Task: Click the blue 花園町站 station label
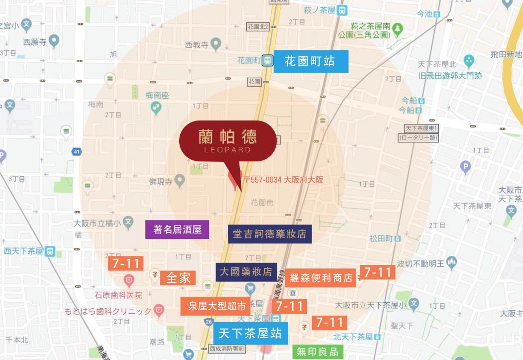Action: (311, 61)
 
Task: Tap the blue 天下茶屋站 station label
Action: (250, 333)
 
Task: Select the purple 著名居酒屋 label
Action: (177, 230)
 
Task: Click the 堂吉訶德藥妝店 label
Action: (270, 234)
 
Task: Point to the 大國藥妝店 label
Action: (246, 272)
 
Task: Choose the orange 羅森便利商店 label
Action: (321, 277)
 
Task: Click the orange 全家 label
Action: (178, 278)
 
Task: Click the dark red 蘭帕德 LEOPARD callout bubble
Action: (227, 141)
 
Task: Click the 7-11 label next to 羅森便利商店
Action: (378, 272)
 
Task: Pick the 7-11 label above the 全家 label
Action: (125, 263)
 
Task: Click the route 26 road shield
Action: (207, 322)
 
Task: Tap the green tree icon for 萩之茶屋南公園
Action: (398, 30)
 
